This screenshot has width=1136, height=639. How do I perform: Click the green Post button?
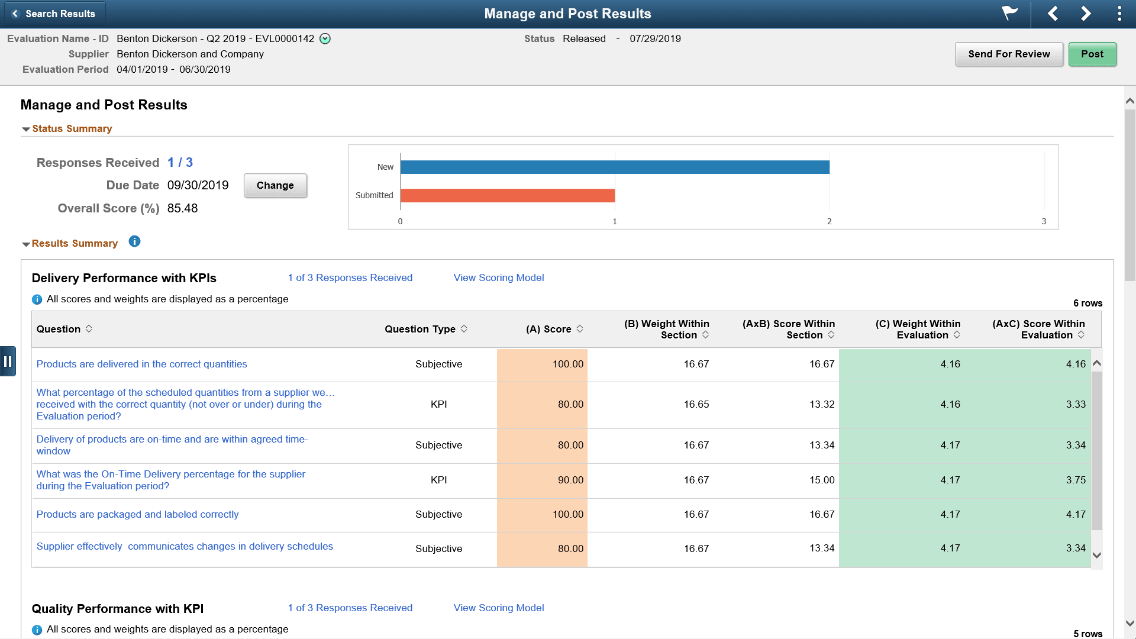coord(1092,54)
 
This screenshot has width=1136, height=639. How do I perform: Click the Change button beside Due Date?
coord(275,185)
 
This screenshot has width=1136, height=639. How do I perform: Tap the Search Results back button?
coord(54,14)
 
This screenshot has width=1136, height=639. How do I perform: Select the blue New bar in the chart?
coord(614,167)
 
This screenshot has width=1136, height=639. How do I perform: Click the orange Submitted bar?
coord(507,195)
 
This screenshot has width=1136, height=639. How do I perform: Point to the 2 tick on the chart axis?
coord(829,221)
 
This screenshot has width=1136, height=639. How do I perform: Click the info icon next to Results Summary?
coord(134,241)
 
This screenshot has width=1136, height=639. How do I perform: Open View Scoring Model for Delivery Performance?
coord(498,277)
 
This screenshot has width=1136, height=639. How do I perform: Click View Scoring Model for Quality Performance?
coord(498,608)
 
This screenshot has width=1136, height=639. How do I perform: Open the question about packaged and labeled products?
coord(137,514)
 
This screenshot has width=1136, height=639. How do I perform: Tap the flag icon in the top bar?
coord(1009,13)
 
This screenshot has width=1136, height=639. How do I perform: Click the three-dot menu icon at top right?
coord(1119,14)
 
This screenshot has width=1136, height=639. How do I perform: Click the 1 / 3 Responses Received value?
coord(180,162)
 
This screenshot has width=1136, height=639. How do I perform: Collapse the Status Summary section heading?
coord(72,128)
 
